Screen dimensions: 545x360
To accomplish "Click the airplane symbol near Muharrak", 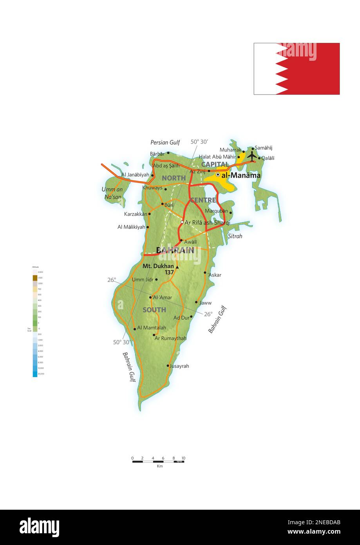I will pos(251,156).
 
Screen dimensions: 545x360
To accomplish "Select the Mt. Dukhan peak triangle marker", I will pos(177,267).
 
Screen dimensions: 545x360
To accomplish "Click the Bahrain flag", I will pos(297,69).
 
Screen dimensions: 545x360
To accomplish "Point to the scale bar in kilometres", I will pos(158,461).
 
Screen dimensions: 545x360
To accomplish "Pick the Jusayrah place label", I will pos(179,366).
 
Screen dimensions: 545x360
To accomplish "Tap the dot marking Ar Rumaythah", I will pos(154,335).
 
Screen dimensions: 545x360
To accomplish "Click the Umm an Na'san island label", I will pos(113,193).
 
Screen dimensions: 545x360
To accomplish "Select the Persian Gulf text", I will pos(165,142).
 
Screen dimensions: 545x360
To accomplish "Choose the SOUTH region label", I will pos(154,310).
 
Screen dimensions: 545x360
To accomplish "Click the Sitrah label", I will pos(235,236).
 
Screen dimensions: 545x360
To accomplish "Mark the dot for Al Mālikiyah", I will pos(148,227).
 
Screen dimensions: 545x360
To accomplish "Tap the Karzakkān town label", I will pos(136,214).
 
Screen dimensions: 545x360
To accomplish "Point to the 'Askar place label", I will pos(215,275).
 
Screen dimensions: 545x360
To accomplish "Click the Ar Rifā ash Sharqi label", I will pos(207,223).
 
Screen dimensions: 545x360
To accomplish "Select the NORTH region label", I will pos(174,178).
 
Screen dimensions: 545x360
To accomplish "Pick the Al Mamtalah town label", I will pos(152,328).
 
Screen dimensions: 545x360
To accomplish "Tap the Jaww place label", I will pos(205,303).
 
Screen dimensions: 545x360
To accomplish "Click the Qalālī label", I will pos(268,158).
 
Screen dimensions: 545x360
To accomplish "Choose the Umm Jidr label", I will pos(143,280).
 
